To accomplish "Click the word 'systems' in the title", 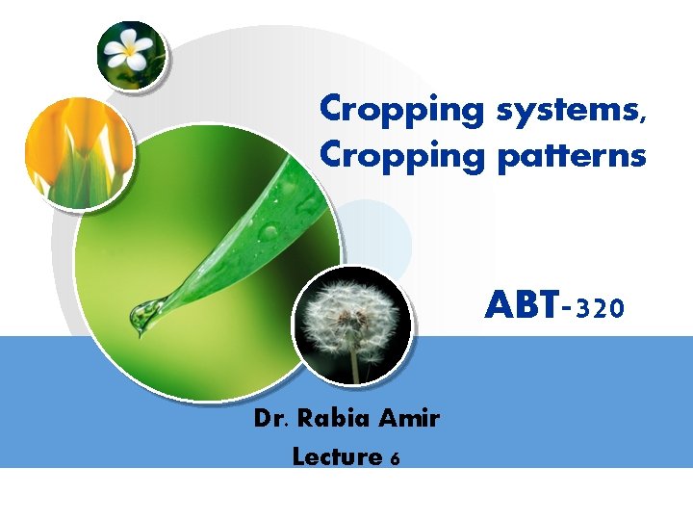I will point(563,110).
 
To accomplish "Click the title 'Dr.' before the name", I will point(272,419).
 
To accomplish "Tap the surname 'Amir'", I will point(409,419).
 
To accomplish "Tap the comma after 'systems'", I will point(642,119).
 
